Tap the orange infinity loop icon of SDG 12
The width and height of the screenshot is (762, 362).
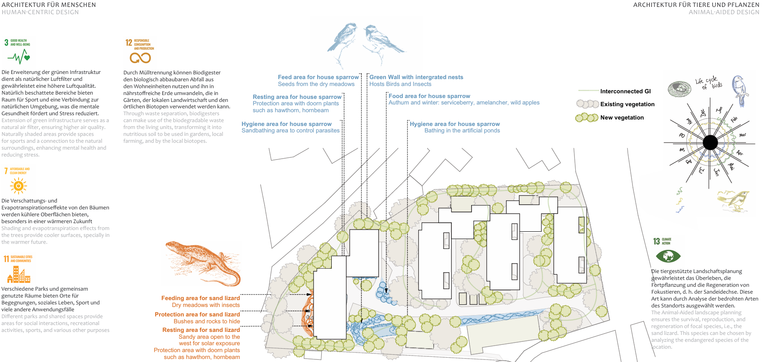click(x=140, y=58)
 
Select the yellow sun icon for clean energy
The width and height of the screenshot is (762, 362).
click(x=19, y=186)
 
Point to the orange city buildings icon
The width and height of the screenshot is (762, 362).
click(x=19, y=274)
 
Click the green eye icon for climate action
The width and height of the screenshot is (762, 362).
click(x=668, y=256)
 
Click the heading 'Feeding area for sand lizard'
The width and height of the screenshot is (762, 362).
click(x=201, y=298)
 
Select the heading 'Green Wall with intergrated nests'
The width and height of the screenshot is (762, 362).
click(x=416, y=77)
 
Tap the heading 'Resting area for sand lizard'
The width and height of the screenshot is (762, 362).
click(x=201, y=330)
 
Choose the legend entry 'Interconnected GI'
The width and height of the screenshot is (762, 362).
click(x=625, y=91)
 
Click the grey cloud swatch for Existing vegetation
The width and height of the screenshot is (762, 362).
click(x=587, y=104)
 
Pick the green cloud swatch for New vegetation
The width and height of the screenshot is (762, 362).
click(x=587, y=117)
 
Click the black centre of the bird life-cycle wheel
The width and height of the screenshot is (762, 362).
click(x=710, y=142)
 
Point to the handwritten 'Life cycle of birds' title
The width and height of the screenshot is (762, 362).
click(x=708, y=83)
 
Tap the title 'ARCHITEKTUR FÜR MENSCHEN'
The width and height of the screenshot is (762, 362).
click(x=49, y=5)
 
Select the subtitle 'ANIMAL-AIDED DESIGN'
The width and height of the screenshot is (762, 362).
click(x=724, y=12)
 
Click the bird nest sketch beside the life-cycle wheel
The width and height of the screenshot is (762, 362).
click(x=679, y=88)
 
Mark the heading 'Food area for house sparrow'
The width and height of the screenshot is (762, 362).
click(x=429, y=96)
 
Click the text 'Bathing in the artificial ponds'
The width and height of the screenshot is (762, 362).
click(x=462, y=131)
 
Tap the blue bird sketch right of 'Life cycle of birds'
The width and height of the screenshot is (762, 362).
click(x=740, y=90)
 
